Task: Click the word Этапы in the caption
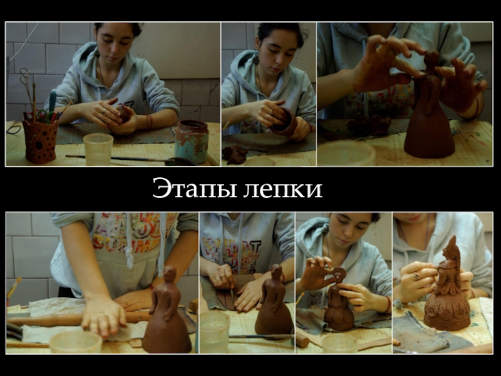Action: point(194,189)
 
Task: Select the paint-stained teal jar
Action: point(191,140)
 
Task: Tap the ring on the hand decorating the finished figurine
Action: point(417,276)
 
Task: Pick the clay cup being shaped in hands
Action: point(284,122)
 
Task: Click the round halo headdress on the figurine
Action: point(339,274)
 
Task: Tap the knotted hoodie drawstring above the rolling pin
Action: point(129,258)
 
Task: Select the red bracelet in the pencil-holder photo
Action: point(149,121)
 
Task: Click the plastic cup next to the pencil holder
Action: point(98,149)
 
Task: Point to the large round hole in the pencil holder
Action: point(39,145)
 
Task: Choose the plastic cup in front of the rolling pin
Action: point(76,342)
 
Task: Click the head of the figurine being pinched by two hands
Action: point(431,59)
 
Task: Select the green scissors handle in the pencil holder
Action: point(42,115)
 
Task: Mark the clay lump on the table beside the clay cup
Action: point(235,155)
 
